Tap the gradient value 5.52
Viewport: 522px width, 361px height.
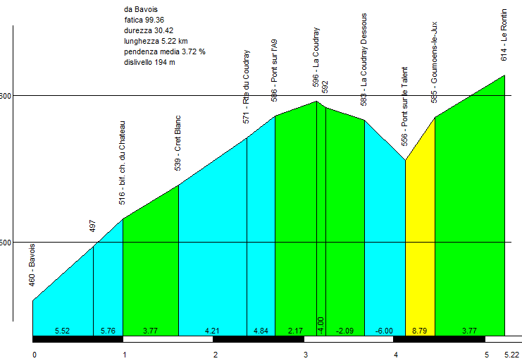(63, 331)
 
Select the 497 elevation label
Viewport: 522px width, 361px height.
(93, 226)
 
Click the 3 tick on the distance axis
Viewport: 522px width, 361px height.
(305, 354)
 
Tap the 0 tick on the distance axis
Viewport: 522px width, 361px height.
(34, 354)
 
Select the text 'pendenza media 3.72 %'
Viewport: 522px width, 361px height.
(163, 51)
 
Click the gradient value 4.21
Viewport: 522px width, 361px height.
(212, 331)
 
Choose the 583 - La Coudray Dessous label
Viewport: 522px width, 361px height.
(364, 60)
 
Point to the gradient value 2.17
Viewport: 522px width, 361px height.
(295, 331)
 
